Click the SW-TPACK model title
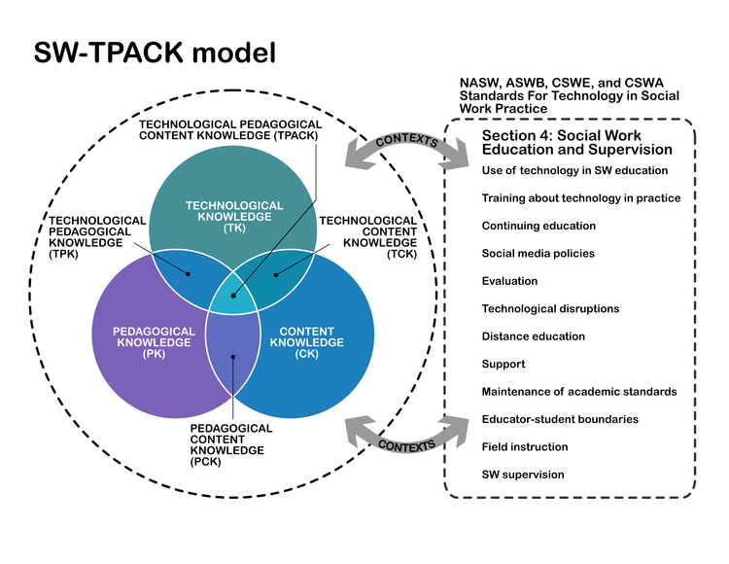(x=156, y=53)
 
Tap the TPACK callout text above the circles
(x=229, y=130)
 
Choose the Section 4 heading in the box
(x=576, y=143)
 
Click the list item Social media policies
(x=538, y=254)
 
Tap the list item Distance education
(x=534, y=336)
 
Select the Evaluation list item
(x=509, y=281)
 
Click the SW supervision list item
(x=522, y=475)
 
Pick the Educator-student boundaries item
(x=560, y=419)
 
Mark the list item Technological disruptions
(x=550, y=309)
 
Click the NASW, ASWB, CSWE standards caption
(x=570, y=97)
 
